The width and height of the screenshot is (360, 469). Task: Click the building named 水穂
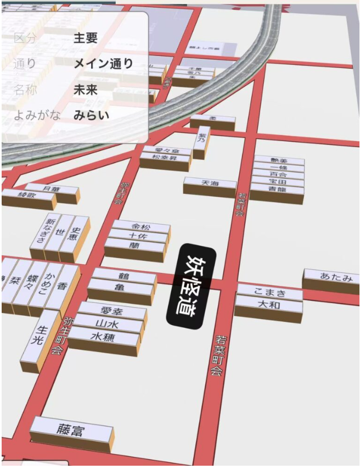tap(103, 337)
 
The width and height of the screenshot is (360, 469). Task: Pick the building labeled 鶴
tap(123, 275)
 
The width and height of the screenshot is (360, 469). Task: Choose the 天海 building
tap(210, 183)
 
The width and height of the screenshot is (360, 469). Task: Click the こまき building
tap(269, 292)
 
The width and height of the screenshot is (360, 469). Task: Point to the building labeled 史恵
tap(75, 235)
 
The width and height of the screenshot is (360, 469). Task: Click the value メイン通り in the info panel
tap(103, 63)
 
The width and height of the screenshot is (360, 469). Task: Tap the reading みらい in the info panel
tap(92, 115)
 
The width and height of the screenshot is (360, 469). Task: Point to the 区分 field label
tap(24, 38)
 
